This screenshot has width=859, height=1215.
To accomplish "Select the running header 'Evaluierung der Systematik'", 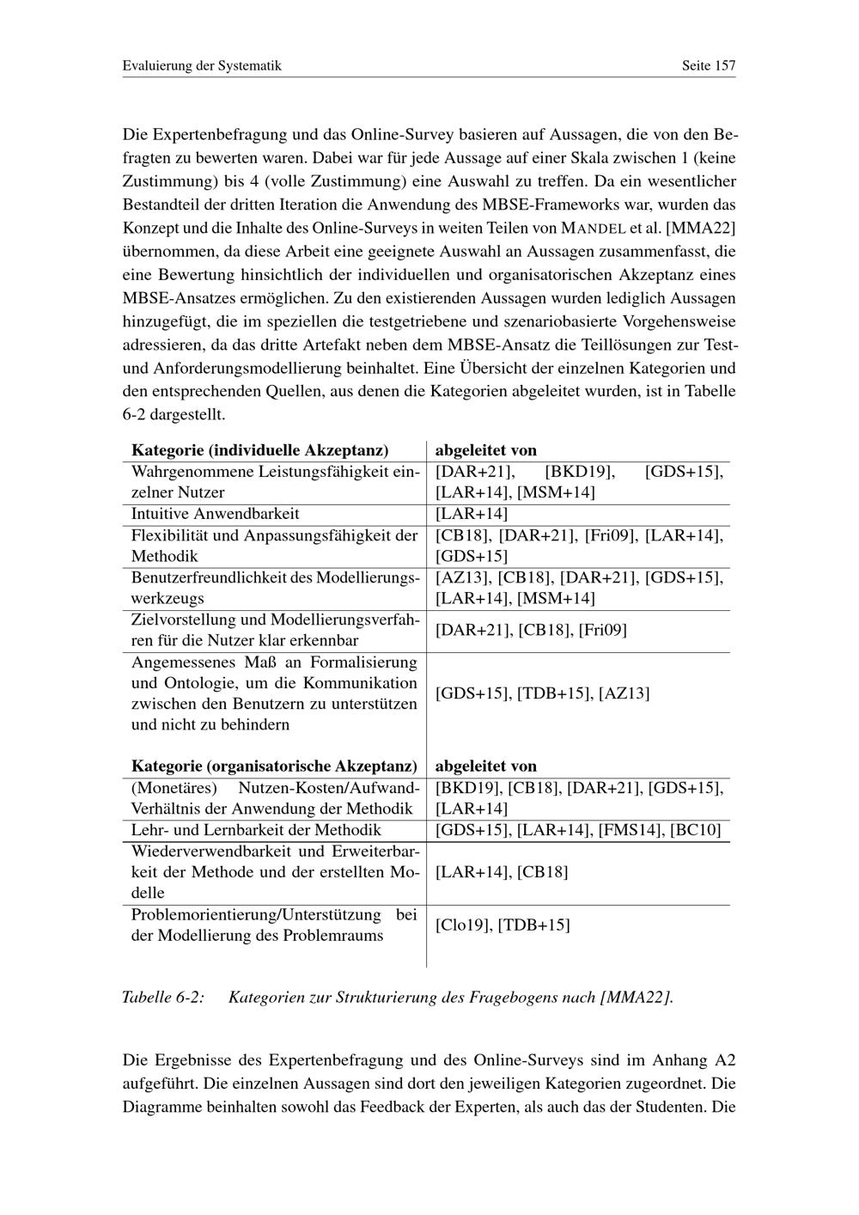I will [x=202, y=65].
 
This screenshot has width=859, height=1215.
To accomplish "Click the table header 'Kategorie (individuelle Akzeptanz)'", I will [x=259, y=450].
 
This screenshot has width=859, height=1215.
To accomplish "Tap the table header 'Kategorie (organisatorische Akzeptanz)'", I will [x=274, y=766].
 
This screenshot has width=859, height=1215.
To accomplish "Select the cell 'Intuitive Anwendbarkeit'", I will [x=215, y=514].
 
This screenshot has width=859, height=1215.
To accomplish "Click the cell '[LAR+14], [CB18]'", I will [x=502, y=872].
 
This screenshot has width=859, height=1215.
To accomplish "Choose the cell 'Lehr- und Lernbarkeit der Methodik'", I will [x=256, y=830].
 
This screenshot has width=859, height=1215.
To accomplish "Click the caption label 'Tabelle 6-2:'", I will [x=163, y=998].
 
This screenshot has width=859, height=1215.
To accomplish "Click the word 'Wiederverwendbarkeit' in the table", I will [x=202, y=852].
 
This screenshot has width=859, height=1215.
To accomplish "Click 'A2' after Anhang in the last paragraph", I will [x=725, y=1060].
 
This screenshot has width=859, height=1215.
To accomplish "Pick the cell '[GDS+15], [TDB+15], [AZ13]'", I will [x=542, y=693].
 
